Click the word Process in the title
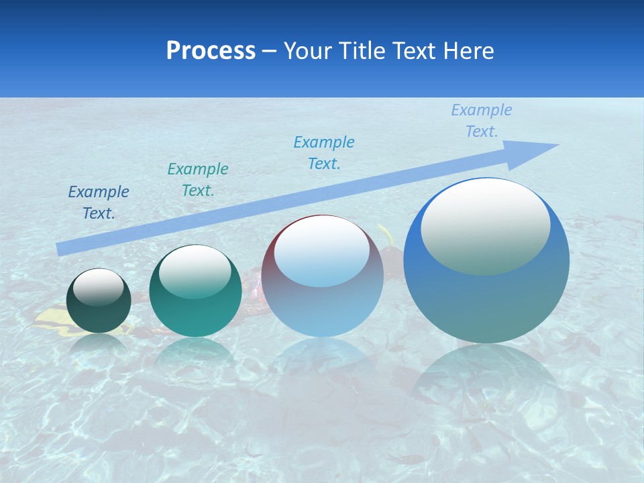pos(211,51)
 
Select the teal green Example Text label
pos(198,180)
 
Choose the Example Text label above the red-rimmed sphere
pos(324,152)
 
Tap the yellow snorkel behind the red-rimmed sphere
pos(386,235)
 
